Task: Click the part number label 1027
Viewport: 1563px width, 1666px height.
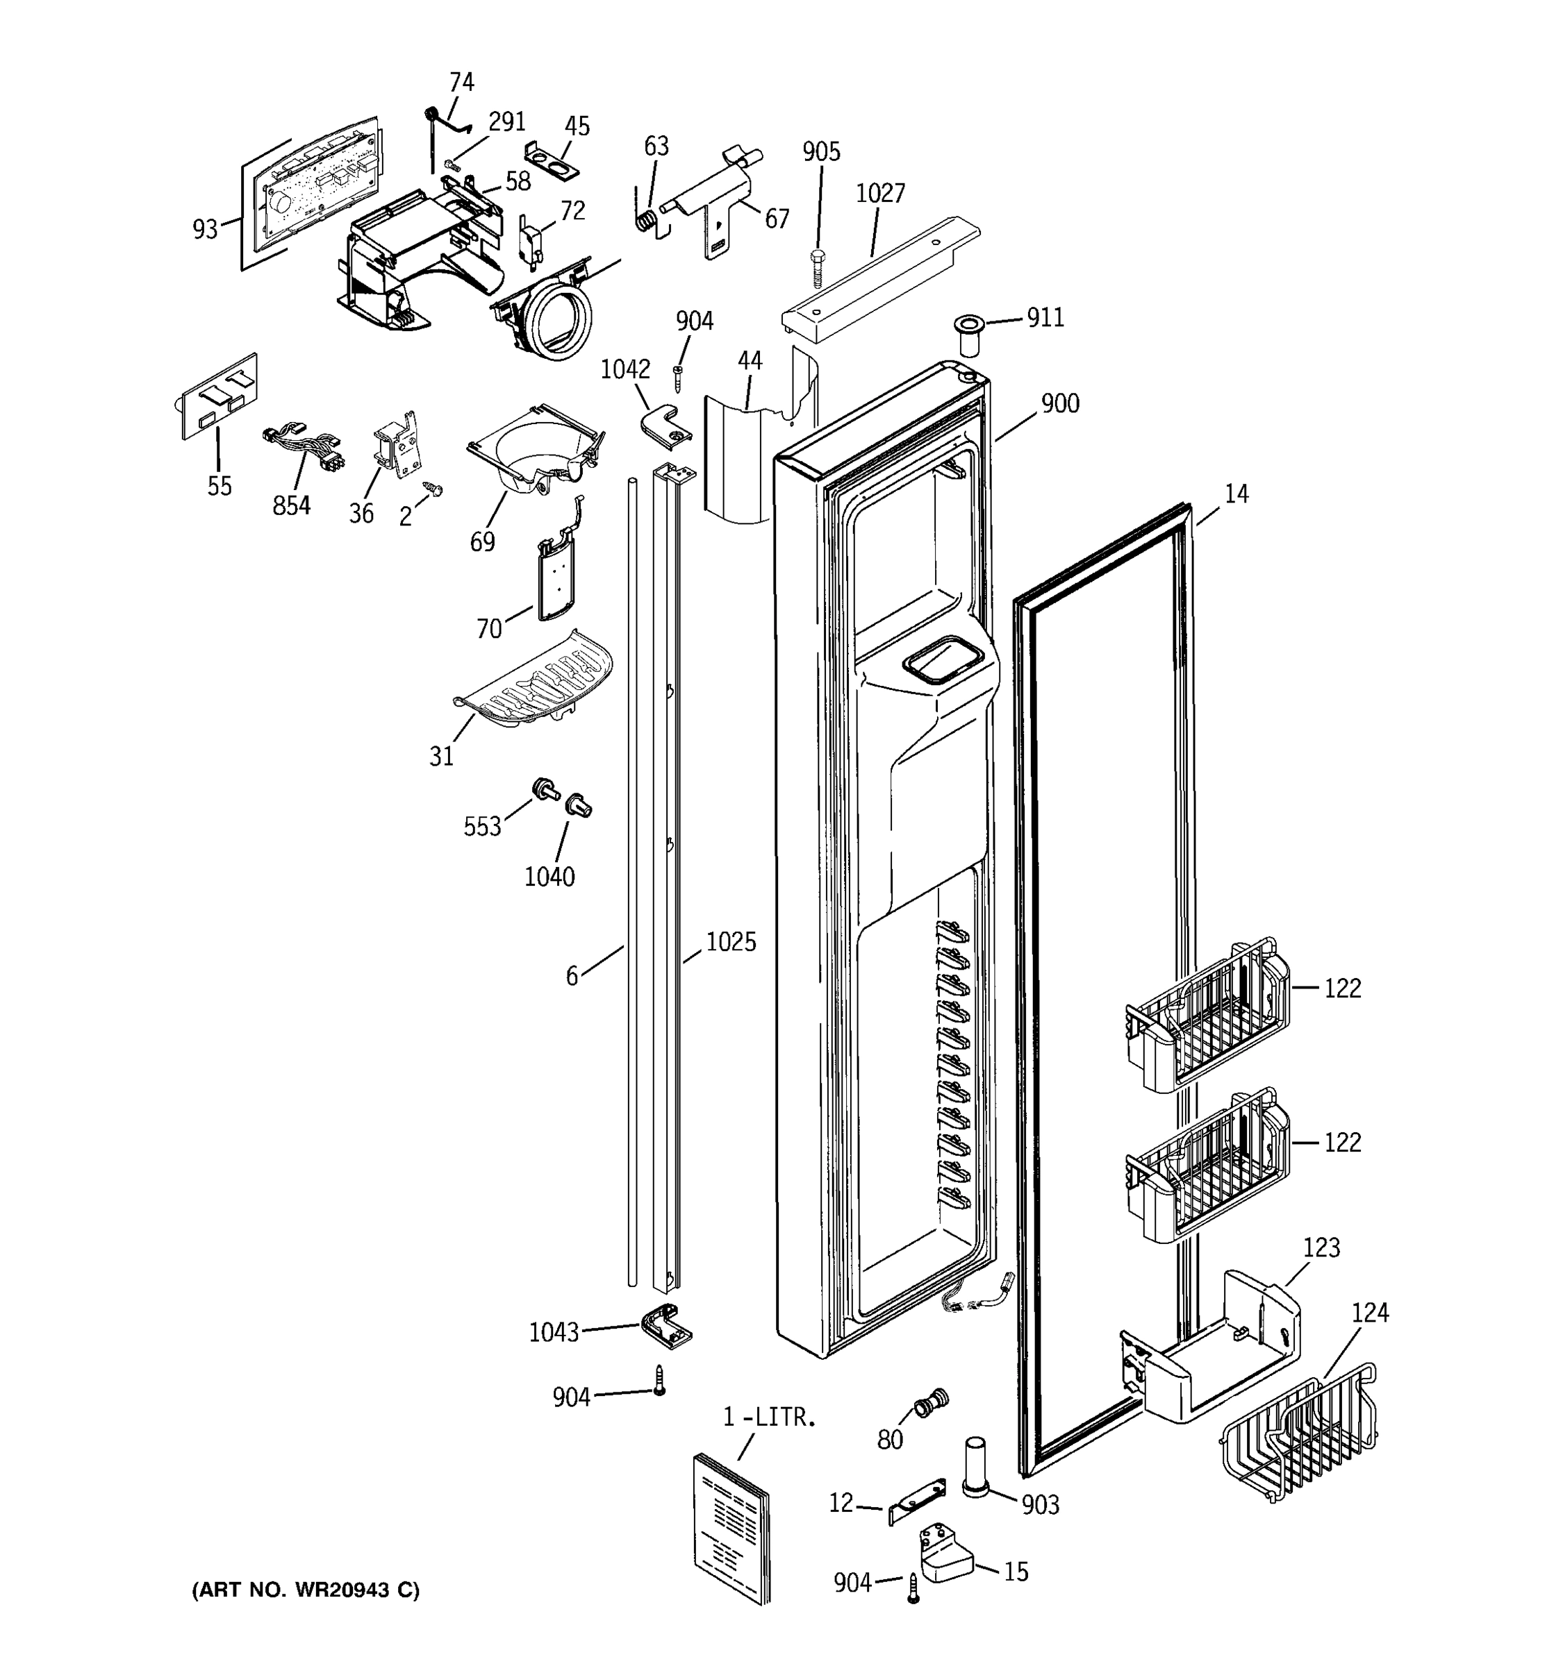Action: (x=879, y=194)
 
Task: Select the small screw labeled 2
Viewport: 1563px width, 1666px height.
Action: (x=434, y=488)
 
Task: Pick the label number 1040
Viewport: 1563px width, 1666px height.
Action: (x=549, y=877)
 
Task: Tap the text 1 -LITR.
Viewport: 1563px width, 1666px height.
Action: (x=769, y=1418)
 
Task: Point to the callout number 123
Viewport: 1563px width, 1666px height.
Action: (x=1321, y=1248)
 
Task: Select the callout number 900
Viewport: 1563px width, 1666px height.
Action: (x=1060, y=404)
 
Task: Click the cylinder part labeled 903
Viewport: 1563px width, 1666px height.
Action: (x=976, y=1465)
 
